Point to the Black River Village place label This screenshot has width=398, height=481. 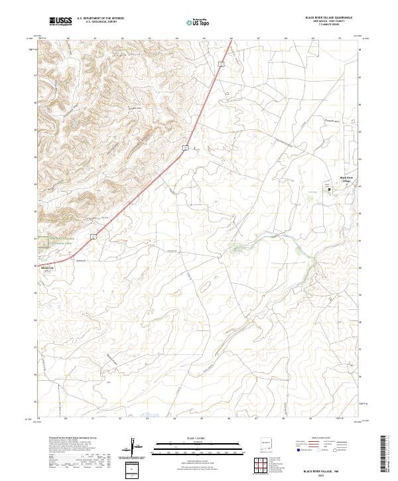347,179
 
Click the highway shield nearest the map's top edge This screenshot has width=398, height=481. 224,63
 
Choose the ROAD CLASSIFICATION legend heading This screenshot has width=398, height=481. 320,439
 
